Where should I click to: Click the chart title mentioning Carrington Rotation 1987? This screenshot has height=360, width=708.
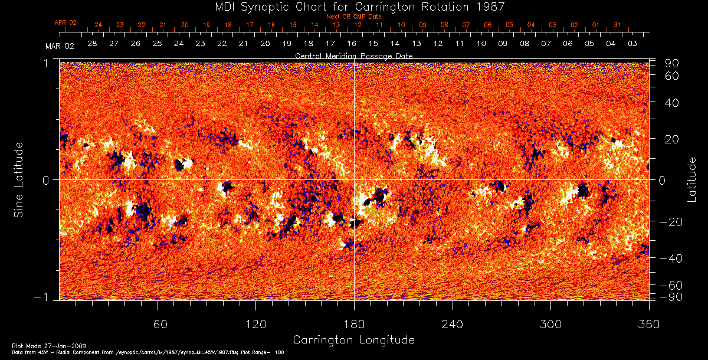(x=353, y=6)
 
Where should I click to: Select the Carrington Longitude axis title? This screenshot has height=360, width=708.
(x=353, y=340)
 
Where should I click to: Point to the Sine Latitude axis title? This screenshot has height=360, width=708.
(x=19, y=179)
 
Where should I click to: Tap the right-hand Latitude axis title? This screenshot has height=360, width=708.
(x=691, y=179)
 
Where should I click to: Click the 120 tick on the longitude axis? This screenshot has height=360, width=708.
(x=255, y=324)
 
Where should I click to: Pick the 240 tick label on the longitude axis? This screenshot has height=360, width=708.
(x=452, y=324)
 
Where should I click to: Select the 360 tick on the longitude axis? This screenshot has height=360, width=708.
(x=649, y=324)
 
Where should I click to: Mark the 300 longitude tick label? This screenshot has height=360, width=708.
(x=550, y=324)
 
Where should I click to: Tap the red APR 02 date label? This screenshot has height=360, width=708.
(x=65, y=22)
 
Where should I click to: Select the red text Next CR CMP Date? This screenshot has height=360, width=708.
(x=353, y=17)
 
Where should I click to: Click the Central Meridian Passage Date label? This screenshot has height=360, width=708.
(x=353, y=55)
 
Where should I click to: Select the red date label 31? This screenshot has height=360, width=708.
(x=617, y=25)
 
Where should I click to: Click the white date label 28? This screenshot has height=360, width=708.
(x=92, y=44)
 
